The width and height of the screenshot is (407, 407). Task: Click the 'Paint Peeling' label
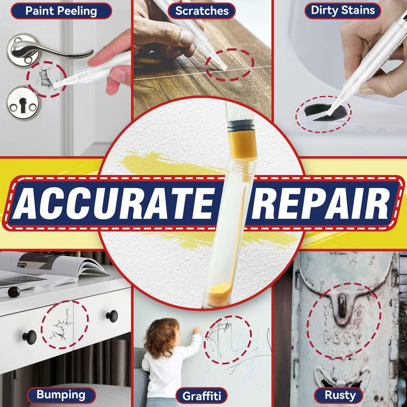[61, 11]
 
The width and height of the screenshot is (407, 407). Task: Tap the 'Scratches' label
[202, 11]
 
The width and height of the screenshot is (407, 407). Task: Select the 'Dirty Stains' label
[343, 10]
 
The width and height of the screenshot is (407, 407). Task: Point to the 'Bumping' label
[61, 395]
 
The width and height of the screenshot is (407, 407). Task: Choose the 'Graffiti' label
[202, 396]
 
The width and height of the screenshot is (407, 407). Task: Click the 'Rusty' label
[340, 395]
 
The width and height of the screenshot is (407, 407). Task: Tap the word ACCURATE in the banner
[114, 203]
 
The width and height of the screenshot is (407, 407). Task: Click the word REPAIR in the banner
[321, 203]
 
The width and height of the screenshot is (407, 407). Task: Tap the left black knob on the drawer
[29, 337]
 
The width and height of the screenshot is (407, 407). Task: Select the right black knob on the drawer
[112, 316]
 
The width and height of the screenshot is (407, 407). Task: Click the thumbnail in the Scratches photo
[187, 37]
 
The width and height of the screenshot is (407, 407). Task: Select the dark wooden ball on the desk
[14, 292]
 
